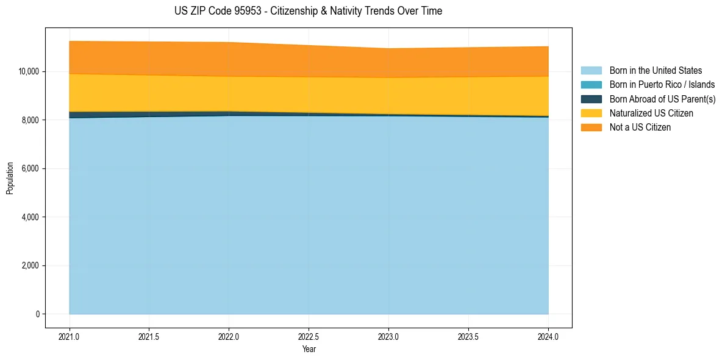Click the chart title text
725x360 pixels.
tap(308, 11)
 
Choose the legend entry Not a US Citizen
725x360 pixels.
tap(640, 128)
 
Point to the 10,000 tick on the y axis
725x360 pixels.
tap(29, 71)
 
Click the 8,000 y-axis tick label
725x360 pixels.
tap(30, 120)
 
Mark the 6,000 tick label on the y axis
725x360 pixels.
tap(30, 168)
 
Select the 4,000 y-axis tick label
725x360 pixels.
tap(30, 217)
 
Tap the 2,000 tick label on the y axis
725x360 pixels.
tap(30, 265)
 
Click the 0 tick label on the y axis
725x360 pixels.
tap(37, 314)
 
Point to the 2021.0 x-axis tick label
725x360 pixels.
tap(70, 336)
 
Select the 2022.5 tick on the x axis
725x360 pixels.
tap(309, 336)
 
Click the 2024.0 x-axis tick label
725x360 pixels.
tap(548, 336)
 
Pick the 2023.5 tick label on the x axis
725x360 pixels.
tap(468, 336)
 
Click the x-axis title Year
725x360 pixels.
tap(309, 349)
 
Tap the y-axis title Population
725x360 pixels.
tap(10, 178)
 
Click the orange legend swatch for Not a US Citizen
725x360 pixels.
tap(591, 128)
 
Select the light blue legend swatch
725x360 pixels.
tap(591, 71)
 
